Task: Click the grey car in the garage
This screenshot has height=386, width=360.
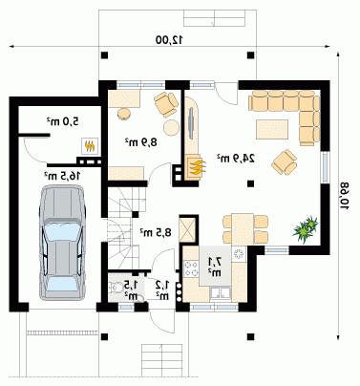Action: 62,243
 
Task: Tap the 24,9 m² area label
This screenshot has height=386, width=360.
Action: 236,158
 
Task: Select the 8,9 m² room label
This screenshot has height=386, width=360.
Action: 141,142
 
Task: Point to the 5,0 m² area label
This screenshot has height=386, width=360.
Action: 63,121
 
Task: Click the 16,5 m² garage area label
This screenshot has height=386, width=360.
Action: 62,176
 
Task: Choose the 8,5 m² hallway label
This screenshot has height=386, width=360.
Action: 156,232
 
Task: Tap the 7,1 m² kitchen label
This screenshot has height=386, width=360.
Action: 215,267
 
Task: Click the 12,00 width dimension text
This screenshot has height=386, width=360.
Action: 169,40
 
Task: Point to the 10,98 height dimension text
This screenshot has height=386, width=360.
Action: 345,195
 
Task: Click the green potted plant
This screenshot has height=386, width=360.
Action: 306,228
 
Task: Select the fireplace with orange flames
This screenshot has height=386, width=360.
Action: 193,167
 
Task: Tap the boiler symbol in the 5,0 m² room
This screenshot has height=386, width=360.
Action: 90,146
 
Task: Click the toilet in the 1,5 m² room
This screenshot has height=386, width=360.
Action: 116,288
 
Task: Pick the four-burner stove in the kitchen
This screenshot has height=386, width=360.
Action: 191,268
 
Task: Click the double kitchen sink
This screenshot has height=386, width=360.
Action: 221,293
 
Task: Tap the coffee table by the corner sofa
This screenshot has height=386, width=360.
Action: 272,129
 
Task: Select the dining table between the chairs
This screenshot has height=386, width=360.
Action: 243,229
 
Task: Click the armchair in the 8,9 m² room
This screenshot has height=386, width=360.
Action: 166,103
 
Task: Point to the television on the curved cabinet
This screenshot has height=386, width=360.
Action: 191,123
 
